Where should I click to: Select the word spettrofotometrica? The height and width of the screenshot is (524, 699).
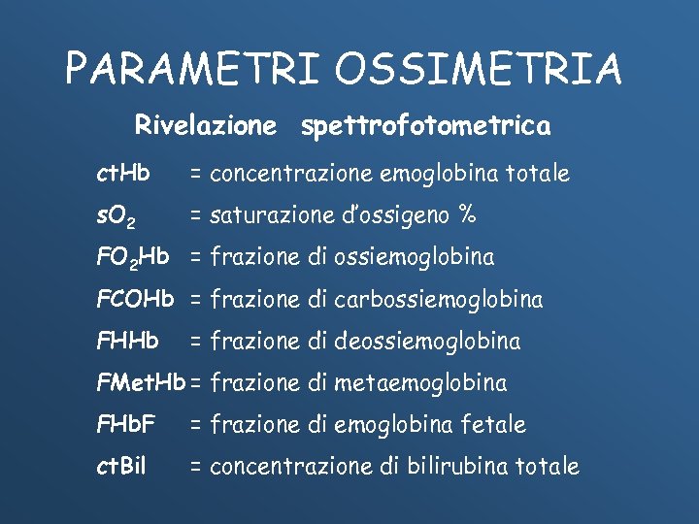(x=425, y=127)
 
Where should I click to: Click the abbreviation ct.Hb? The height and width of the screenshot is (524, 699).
(x=123, y=174)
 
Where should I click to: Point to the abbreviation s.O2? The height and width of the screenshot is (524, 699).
(x=121, y=215)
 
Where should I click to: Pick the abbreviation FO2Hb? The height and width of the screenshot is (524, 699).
(x=134, y=257)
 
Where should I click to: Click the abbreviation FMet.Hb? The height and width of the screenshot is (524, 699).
(x=141, y=382)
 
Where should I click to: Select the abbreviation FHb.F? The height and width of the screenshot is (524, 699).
(x=128, y=424)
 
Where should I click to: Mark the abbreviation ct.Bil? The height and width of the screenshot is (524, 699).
(x=121, y=466)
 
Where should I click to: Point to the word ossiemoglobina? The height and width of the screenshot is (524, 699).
(x=415, y=257)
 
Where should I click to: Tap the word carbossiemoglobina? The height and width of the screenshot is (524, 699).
(x=438, y=299)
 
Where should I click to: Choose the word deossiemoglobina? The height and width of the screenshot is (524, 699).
(x=427, y=341)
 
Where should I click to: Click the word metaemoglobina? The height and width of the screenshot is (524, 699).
(x=420, y=382)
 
